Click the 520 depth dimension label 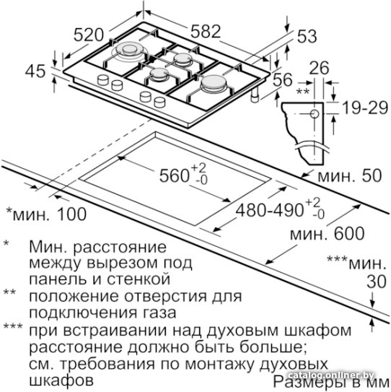pyautogui.click(x=89, y=35)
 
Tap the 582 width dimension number pyautogui.click(x=206, y=31)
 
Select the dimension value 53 pyautogui.click(x=307, y=36)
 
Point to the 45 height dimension pyautogui.click(x=35, y=71)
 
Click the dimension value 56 pyautogui.click(x=282, y=79)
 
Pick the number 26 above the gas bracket pyautogui.click(x=319, y=68)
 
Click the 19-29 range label pyautogui.click(x=365, y=108)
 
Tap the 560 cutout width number pyautogui.click(x=174, y=175)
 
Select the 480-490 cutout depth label pyautogui.click(x=270, y=210)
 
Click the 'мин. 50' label pyautogui.click(x=350, y=175)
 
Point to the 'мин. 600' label pyautogui.click(x=328, y=233)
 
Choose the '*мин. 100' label pyautogui.click(x=46, y=214)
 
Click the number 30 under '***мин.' pyautogui.click(x=377, y=282)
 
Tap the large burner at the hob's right pyautogui.click(x=214, y=83)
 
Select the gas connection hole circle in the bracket pyautogui.click(x=315, y=114)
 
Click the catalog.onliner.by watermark pyautogui.click(x=331, y=375)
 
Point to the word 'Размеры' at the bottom pyautogui.click(x=308, y=382)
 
